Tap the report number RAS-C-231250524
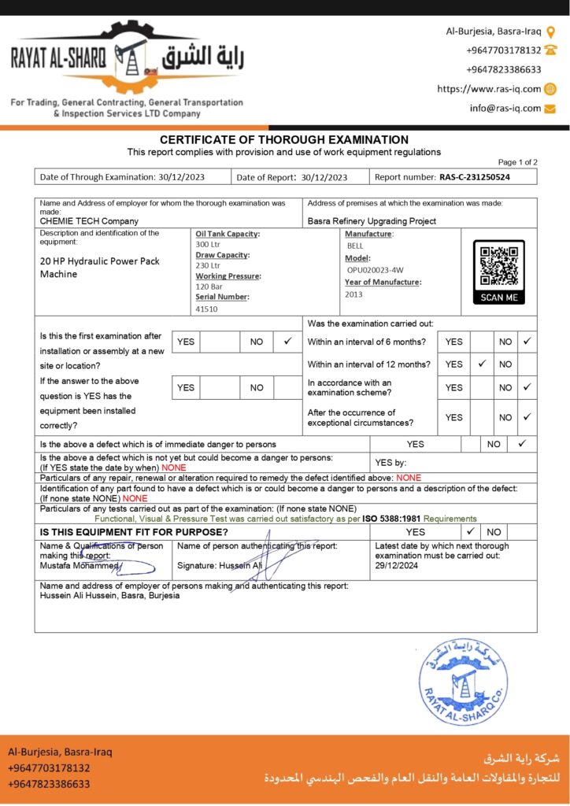[474, 177]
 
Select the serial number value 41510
[207, 309]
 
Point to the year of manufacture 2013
[353, 294]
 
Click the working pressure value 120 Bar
[209, 287]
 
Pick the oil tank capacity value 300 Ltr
[209, 244]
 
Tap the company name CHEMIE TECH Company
[89, 221]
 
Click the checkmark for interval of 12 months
[482, 364]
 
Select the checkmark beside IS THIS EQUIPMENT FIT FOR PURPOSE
[470, 531]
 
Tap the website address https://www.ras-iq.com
[489, 89]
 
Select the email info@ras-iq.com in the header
[505, 109]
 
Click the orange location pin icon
[550, 31]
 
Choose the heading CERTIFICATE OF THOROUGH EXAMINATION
[284, 139]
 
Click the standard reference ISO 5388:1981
[391, 519]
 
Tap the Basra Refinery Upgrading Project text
[372, 221]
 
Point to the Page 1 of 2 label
[517, 162]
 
